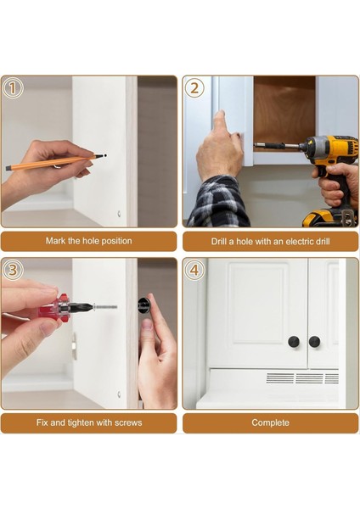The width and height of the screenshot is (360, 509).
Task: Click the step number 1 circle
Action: pyautogui.click(x=13, y=88)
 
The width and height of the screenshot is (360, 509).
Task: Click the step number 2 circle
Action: pyautogui.click(x=194, y=88)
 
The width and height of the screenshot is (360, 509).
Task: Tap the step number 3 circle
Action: pyautogui.click(x=13, y=271)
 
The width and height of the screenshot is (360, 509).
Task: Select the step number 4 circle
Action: pyautogui.click(x=194, y=271)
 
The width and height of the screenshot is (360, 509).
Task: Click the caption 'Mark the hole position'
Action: pyautogui.click(x=88, y=241)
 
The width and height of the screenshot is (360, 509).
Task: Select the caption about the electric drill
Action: pyautogui.click(x=270, y=241)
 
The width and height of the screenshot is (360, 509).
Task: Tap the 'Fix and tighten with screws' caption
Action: pyautogui.click(x=88, y=422)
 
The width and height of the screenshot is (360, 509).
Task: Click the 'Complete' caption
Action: pyautogui.click(x=270, y=422)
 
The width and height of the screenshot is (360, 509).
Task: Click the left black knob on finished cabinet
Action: pyautogui.click(x=294, y=342)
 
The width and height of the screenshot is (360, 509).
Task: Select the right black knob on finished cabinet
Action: pyautogui.click(x=314, y=342)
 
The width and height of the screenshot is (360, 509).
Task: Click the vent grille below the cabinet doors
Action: pyautogui.click(x=301, y=378)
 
